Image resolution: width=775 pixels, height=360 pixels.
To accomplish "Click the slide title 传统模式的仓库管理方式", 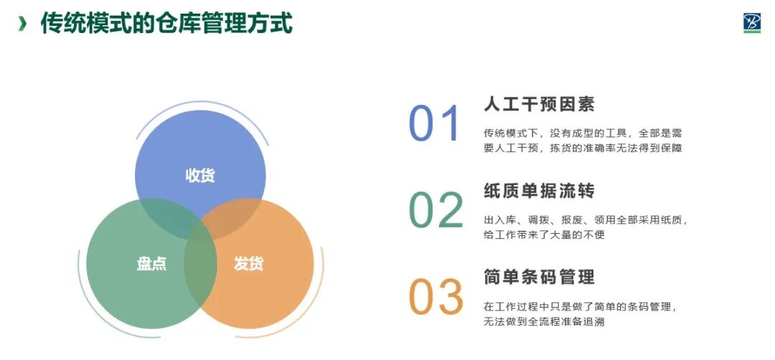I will pyautogui.click(x=166, y=23).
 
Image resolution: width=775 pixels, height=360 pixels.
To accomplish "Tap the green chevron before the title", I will pyautogui.click(x=23, y=24).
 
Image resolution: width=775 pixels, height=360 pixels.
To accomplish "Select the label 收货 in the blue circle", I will pyautogui.click(x=200, y=176).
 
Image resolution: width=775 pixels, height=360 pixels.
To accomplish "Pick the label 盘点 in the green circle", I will pyautogui.click(x=151, y=263).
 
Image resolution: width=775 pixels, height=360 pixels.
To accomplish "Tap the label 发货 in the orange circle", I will pyautogui.click(x=248, y=263).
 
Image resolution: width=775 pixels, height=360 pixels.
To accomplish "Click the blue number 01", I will pyautogui.click(x=434, y=124).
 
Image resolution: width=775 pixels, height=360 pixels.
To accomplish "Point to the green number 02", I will pyautogui.click(x=436, y=211).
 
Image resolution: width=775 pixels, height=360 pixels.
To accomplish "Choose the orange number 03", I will pyautogui.click(x=436, y=297).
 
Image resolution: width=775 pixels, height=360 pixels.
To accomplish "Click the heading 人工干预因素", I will pyautogui.click(x=539, y=104).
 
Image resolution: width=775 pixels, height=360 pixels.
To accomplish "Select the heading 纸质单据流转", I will pyautogui.click(x=539, y=191).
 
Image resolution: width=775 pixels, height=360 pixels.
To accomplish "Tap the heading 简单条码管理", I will pyautogui.click(x=539, y=277).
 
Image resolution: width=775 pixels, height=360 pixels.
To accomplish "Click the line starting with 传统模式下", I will pyautogui.click(x=582, y=133).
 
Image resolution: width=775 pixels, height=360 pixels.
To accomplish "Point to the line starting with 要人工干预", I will pyautogui.click(x=582, y=148).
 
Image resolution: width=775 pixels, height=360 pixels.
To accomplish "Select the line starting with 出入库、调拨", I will pyautogui.click(x=586, y=220).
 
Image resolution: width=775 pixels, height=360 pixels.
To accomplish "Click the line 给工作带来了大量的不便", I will pyautogui.click(x=544, y=235).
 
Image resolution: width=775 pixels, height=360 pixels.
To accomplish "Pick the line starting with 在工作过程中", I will pyautogui.click(x=581, y=307).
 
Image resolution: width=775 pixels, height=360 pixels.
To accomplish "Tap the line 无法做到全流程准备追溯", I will pyautogui.click(x=544, y=322).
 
